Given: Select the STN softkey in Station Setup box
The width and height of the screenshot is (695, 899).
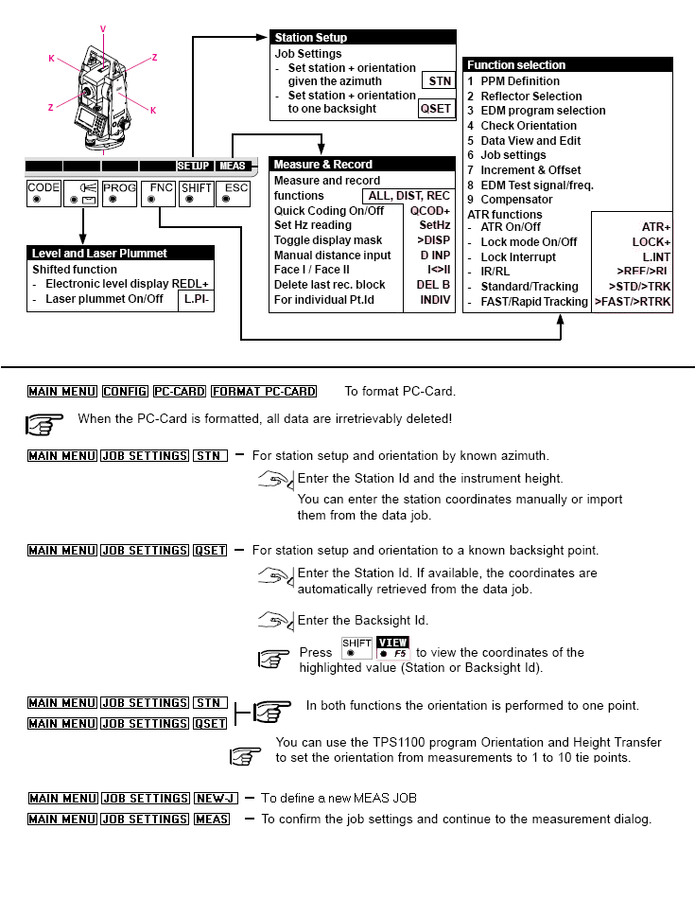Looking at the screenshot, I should click(440, 81).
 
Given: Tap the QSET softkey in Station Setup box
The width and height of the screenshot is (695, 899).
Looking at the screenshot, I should click(437, 109).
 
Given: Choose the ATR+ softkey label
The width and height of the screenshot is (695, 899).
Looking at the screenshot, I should click(655, 227).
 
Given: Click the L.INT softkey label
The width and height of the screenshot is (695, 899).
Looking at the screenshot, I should click(656, 256).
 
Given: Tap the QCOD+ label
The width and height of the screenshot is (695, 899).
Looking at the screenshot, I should click(429, 210).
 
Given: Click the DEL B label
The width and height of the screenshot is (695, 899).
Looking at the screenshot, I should click(433, 284).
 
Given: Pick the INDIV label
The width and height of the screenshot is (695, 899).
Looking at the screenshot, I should click(435, 299).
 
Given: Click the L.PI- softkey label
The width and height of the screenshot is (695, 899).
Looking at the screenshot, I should click(197, 299).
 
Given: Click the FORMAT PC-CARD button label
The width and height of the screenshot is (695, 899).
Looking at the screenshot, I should click(264, 392).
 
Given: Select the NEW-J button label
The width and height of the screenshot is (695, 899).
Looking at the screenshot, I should click(216, 799).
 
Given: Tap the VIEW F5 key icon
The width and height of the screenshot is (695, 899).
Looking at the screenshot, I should click(391, 648).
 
